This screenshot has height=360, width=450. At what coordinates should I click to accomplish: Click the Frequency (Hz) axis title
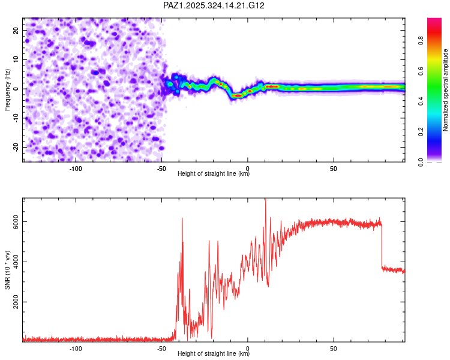click(8, 89)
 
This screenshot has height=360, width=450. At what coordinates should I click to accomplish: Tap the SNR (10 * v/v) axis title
click(8, 270)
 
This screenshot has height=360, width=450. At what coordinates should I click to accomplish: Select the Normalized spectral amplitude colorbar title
click(446, 90)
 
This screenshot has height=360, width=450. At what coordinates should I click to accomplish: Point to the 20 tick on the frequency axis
click(17, 30)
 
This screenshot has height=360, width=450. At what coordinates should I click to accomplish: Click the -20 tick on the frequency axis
click(16, 147)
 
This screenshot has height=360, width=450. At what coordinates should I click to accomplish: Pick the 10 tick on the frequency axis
click(17, 59)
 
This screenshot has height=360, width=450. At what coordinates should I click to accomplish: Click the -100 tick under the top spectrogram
click(76, 169)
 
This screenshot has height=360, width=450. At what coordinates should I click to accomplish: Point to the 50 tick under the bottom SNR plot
click(334, 349)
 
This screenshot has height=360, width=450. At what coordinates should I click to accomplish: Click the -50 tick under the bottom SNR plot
click(162, 349)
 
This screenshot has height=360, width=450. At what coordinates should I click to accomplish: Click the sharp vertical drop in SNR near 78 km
click(382, 246)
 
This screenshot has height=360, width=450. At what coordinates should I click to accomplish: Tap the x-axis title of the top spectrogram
click(214, 175)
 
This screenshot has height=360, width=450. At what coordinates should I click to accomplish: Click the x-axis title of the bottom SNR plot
click(214, 354)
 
